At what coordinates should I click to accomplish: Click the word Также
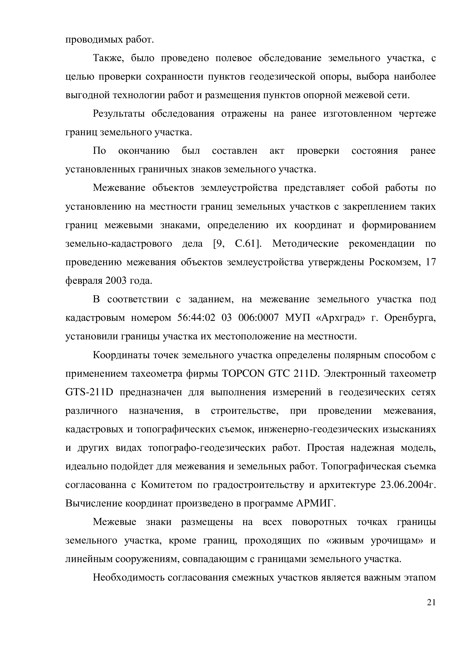click(107, 58)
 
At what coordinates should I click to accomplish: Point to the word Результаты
click(119, 114)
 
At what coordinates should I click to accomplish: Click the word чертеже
click(417, 114)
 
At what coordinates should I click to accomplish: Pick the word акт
click(277, 151)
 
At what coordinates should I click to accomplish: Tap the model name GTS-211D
click(89, 392)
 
